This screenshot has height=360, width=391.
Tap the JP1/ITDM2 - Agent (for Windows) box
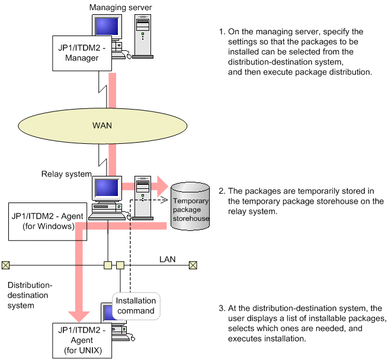tap(47, 220)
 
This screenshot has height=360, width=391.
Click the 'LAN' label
tap(167, 259)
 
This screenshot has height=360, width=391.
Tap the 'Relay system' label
tap(66, 174)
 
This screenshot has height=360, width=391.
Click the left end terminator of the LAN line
tap(6, 265)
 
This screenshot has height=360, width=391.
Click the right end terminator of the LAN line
tap(193, 265)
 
